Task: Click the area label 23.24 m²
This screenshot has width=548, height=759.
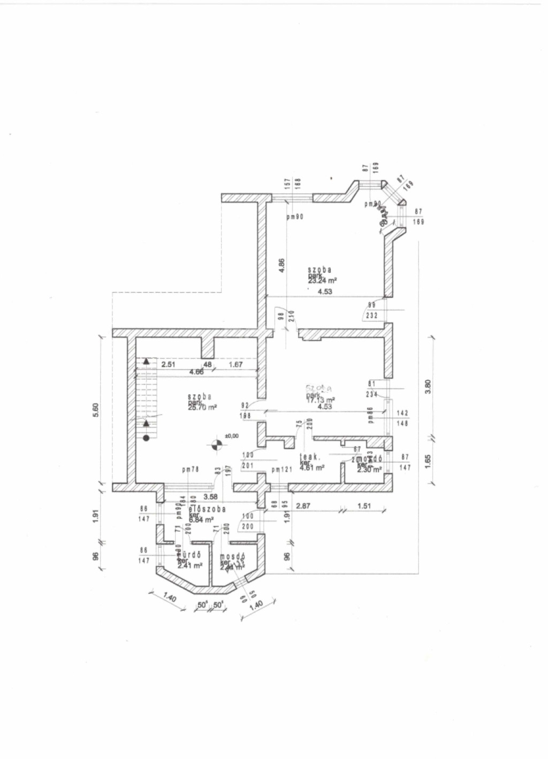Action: (x=322, y=280)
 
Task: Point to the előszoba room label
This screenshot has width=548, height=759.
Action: (x=207, y=509)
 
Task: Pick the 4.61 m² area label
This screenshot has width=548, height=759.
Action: (x=312, y=467)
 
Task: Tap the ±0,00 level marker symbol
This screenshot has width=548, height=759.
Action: (x=216, y=443)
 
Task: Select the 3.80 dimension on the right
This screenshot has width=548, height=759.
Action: (x=427, y=386)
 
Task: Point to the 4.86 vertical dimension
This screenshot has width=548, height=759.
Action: (x=282, y=266)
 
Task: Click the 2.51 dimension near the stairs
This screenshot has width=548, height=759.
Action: (x=169, y=365)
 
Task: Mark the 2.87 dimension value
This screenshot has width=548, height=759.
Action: (x=303, y=505)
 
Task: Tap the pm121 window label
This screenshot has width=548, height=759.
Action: (x=281, y=470)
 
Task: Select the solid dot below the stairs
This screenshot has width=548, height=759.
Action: (x=146, y=438)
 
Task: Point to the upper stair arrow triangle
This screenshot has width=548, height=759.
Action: (x=146, y=362)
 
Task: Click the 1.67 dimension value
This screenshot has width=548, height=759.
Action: (x=235, y=365)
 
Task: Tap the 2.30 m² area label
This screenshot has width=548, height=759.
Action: (x=369, y=470)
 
